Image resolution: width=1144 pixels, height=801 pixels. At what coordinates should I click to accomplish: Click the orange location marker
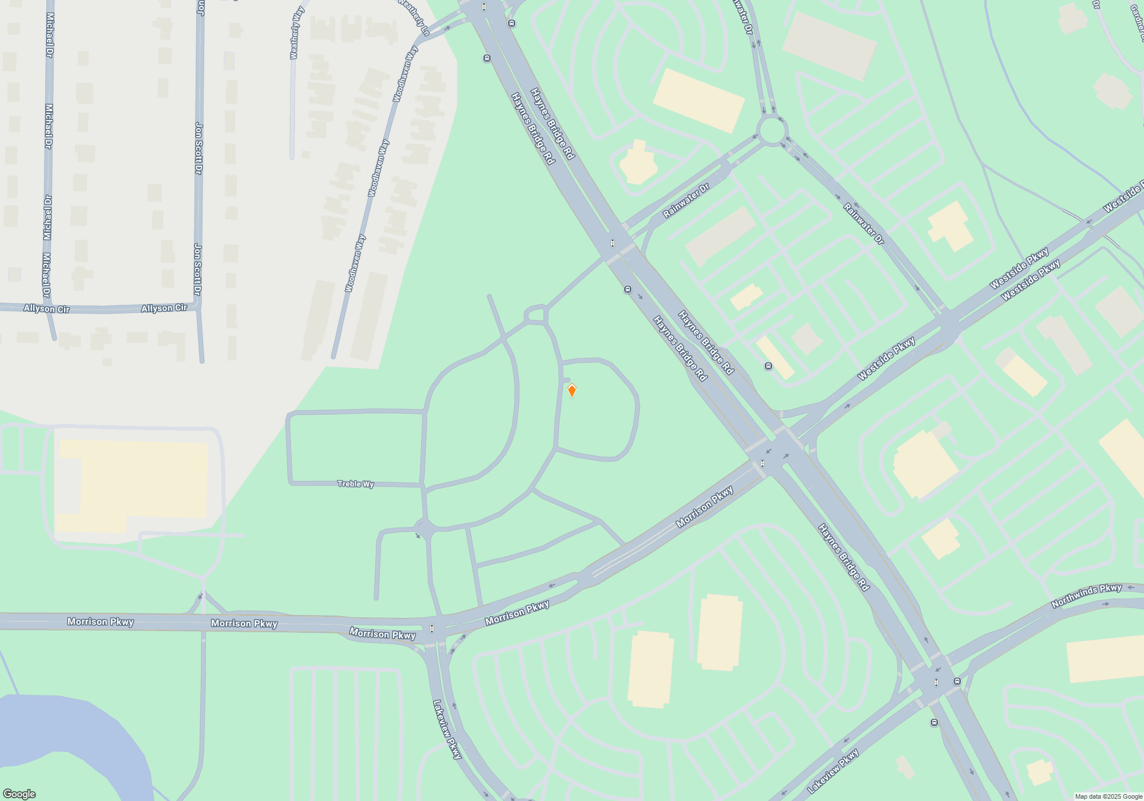571,390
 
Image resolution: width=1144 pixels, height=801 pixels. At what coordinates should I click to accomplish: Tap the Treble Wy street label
355,484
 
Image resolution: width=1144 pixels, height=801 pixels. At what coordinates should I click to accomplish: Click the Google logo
19,794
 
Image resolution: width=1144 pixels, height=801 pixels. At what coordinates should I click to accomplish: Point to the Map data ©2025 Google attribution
1108,796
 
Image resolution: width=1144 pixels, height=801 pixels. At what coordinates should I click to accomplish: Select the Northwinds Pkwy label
1086,596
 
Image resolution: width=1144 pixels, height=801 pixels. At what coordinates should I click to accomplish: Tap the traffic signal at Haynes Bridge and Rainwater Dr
613,243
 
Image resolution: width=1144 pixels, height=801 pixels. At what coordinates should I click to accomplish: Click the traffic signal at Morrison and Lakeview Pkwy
432,629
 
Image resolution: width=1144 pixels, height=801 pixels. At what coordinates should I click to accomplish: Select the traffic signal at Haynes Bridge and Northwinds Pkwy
936,682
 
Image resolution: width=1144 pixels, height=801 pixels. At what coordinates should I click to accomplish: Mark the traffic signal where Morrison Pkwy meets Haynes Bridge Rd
762,463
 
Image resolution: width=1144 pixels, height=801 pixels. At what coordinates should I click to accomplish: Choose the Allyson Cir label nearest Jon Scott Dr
164,308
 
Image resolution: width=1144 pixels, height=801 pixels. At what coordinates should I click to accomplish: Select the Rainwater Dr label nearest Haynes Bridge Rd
686,201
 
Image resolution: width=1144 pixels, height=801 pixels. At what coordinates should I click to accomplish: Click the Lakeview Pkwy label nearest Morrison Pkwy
447,729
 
